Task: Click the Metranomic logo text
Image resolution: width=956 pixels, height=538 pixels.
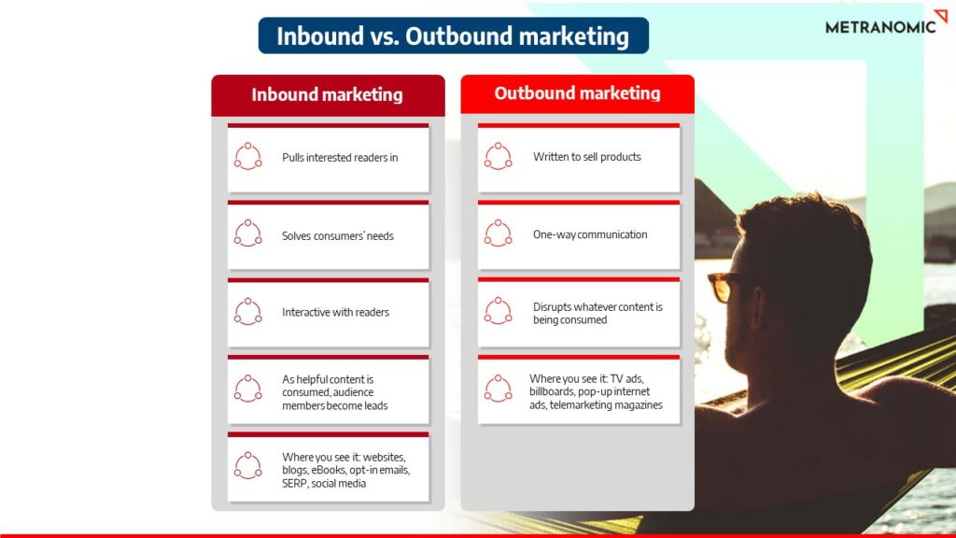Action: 879,26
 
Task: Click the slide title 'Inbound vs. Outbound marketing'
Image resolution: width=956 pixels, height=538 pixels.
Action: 453,36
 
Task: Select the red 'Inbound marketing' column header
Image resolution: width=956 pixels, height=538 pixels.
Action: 327,95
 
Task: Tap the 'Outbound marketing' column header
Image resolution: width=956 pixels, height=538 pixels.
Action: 577,93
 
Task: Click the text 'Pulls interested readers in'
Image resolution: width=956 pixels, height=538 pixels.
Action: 340,158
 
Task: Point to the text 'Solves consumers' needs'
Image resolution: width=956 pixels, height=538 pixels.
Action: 338,236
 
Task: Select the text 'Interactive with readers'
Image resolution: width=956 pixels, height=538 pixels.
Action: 335,313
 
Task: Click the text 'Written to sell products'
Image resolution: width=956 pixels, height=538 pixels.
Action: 586,157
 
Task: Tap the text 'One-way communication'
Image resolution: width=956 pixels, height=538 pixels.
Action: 590,234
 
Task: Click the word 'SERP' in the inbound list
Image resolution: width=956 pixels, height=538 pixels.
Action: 298,484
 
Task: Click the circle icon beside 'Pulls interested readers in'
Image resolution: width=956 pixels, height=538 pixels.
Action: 248,156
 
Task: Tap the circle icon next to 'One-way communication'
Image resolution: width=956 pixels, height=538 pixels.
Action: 499,234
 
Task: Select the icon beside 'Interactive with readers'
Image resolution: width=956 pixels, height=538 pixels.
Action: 248,311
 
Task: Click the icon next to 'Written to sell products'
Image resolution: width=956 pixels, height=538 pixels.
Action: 499,156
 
